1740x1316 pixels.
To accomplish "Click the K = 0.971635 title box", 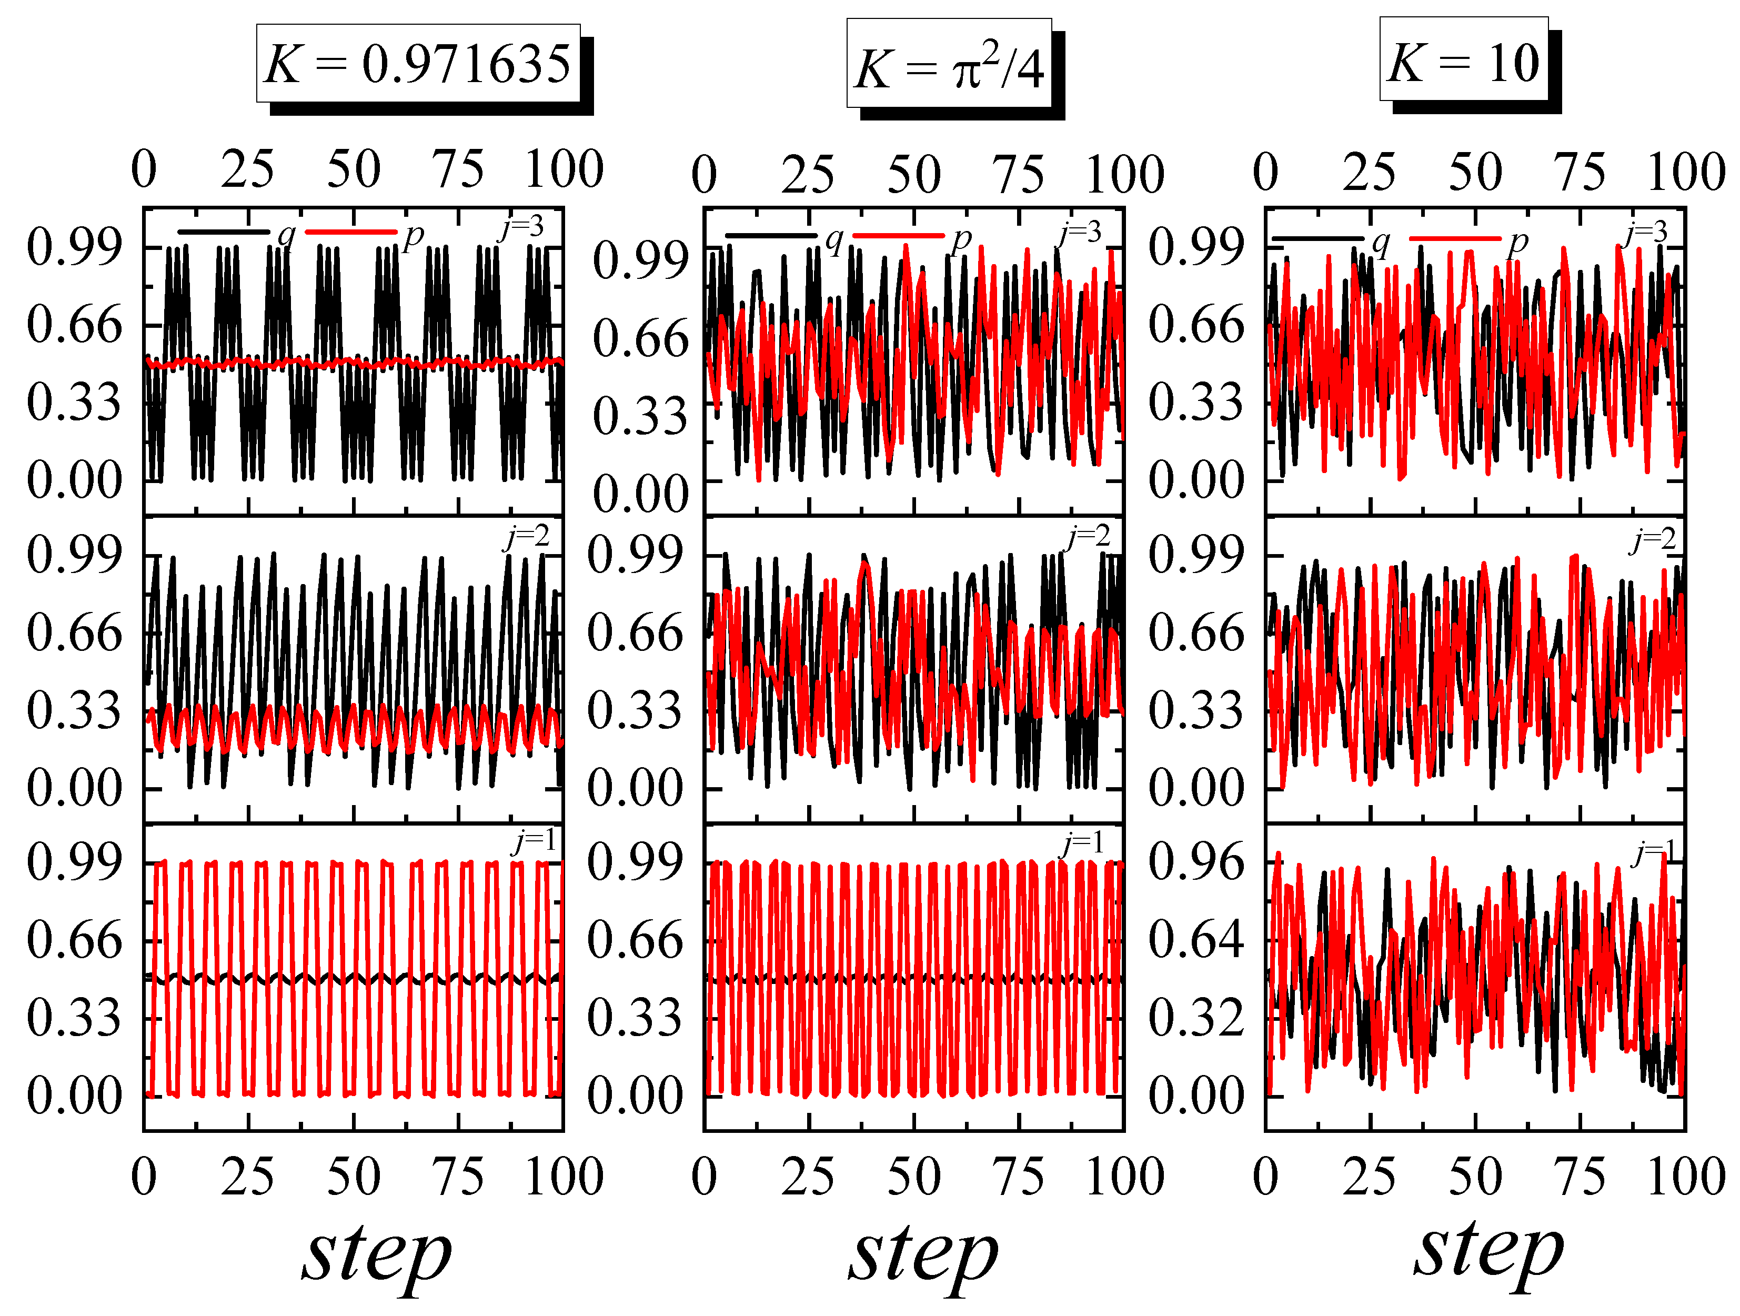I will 418,63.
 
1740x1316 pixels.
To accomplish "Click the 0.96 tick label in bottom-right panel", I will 1196,862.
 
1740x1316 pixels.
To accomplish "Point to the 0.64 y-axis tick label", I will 1196,939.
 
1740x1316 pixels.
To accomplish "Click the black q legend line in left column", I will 224,232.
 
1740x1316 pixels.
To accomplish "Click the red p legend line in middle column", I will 898,236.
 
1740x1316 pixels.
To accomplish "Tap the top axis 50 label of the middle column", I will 914,175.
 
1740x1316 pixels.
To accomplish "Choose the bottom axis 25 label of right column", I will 1370,1178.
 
